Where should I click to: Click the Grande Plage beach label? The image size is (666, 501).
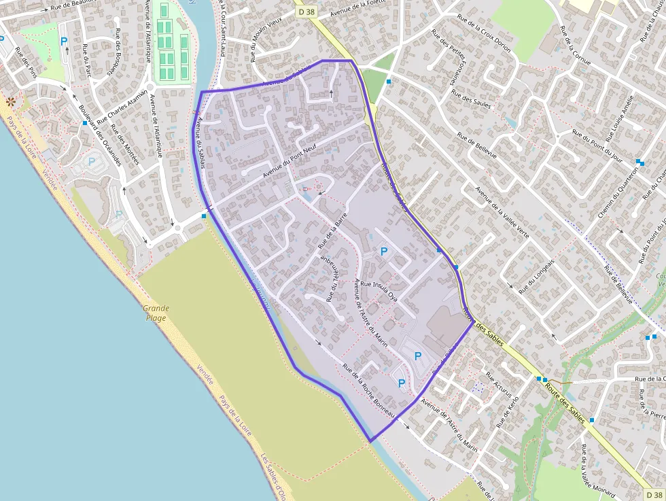[156, 313]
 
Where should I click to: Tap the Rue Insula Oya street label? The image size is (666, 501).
[379, 290]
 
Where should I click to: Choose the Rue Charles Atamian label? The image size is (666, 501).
[122, 107]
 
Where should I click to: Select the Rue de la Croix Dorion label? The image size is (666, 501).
[484, 36]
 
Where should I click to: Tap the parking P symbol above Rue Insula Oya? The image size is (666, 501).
[384, 252]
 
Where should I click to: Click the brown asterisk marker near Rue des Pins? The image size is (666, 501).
[11, 101]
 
